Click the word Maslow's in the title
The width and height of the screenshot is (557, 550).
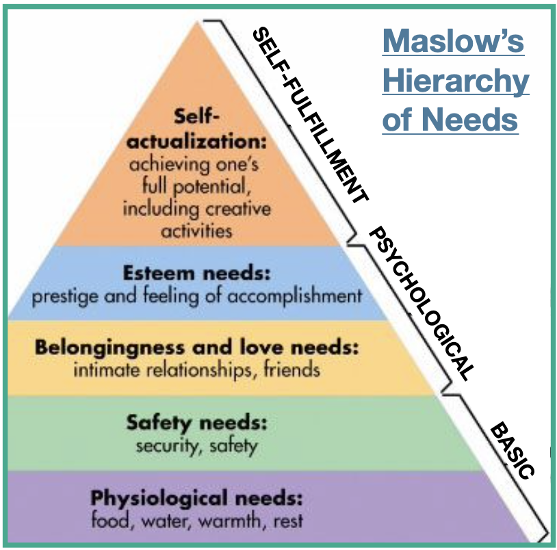click(454, 42)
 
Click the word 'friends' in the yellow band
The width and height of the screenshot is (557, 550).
click(293, 370)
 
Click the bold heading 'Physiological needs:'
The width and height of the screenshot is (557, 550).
click(197, 497)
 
